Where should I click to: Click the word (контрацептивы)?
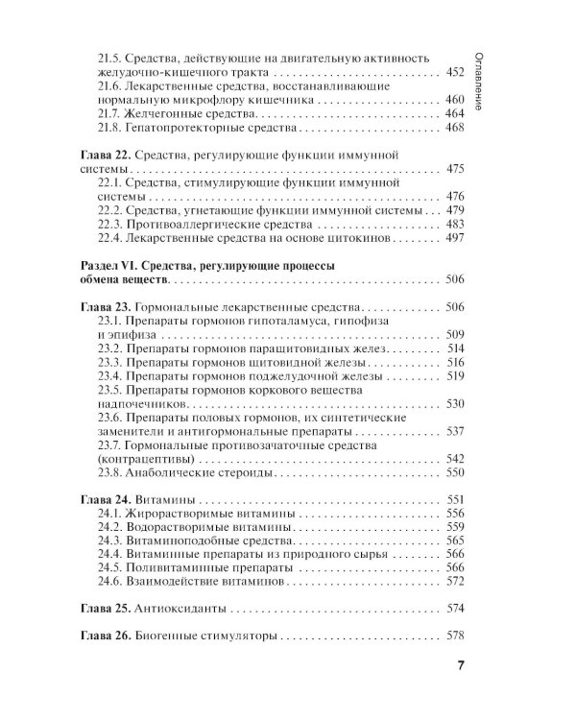coord(145,459)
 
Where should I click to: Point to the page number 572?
coord(456,582)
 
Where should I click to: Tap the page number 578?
coord(456,636)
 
